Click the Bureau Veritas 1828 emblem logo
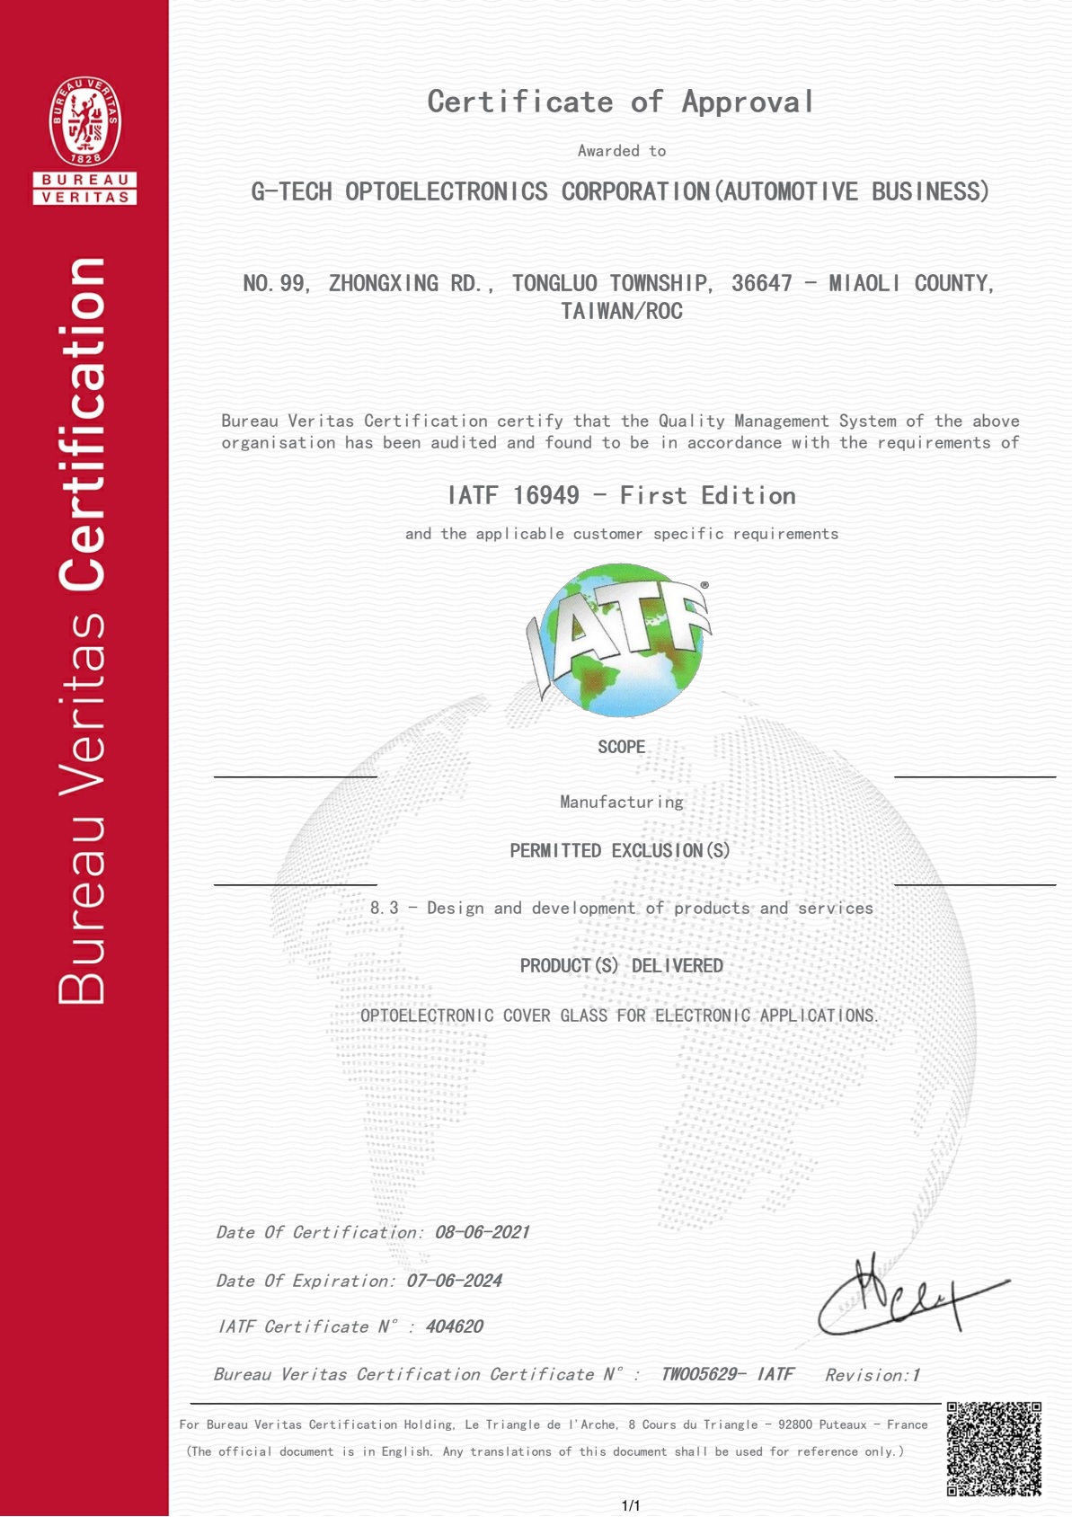84,122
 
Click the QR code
994,1449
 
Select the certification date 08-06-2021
482,1232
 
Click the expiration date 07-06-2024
454,1281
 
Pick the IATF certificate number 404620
454,1326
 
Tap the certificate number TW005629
699,1374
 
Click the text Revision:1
872,1375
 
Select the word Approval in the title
748,102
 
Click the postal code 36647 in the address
761,284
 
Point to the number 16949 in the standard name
545,495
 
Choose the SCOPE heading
621,747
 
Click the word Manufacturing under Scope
621,802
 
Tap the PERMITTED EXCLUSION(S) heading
620,850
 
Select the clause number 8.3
384,908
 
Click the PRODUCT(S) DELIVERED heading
621,966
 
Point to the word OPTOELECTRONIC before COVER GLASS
427,1016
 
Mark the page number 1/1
631,1505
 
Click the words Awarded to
621,151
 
